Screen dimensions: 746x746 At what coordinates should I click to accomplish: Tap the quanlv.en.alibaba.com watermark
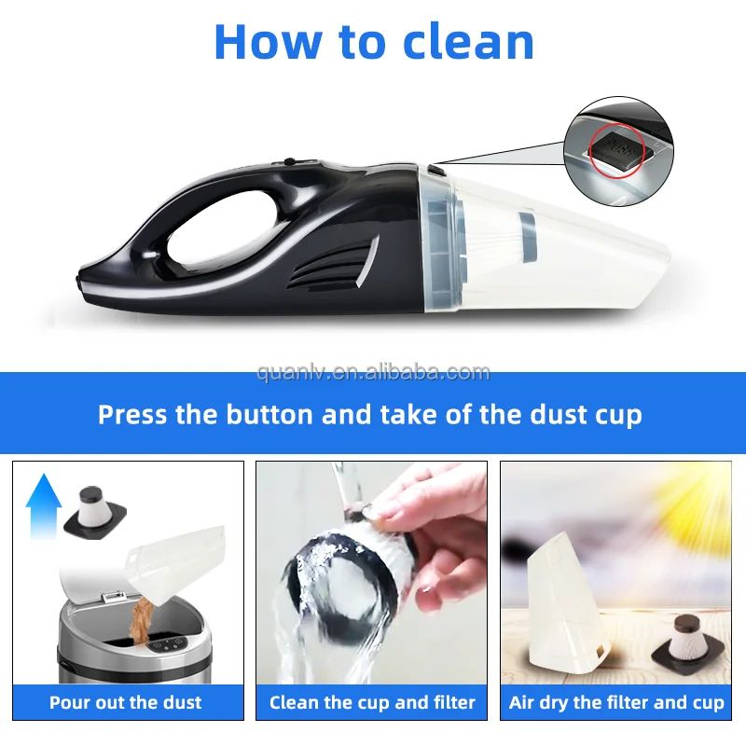(373, 373)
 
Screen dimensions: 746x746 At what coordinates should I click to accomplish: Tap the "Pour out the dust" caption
(126, 702)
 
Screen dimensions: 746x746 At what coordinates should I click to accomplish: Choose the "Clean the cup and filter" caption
(372, 702)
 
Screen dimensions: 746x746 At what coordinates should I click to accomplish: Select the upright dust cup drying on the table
(563, 606)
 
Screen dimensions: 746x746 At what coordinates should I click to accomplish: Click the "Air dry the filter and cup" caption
(616, 702)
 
